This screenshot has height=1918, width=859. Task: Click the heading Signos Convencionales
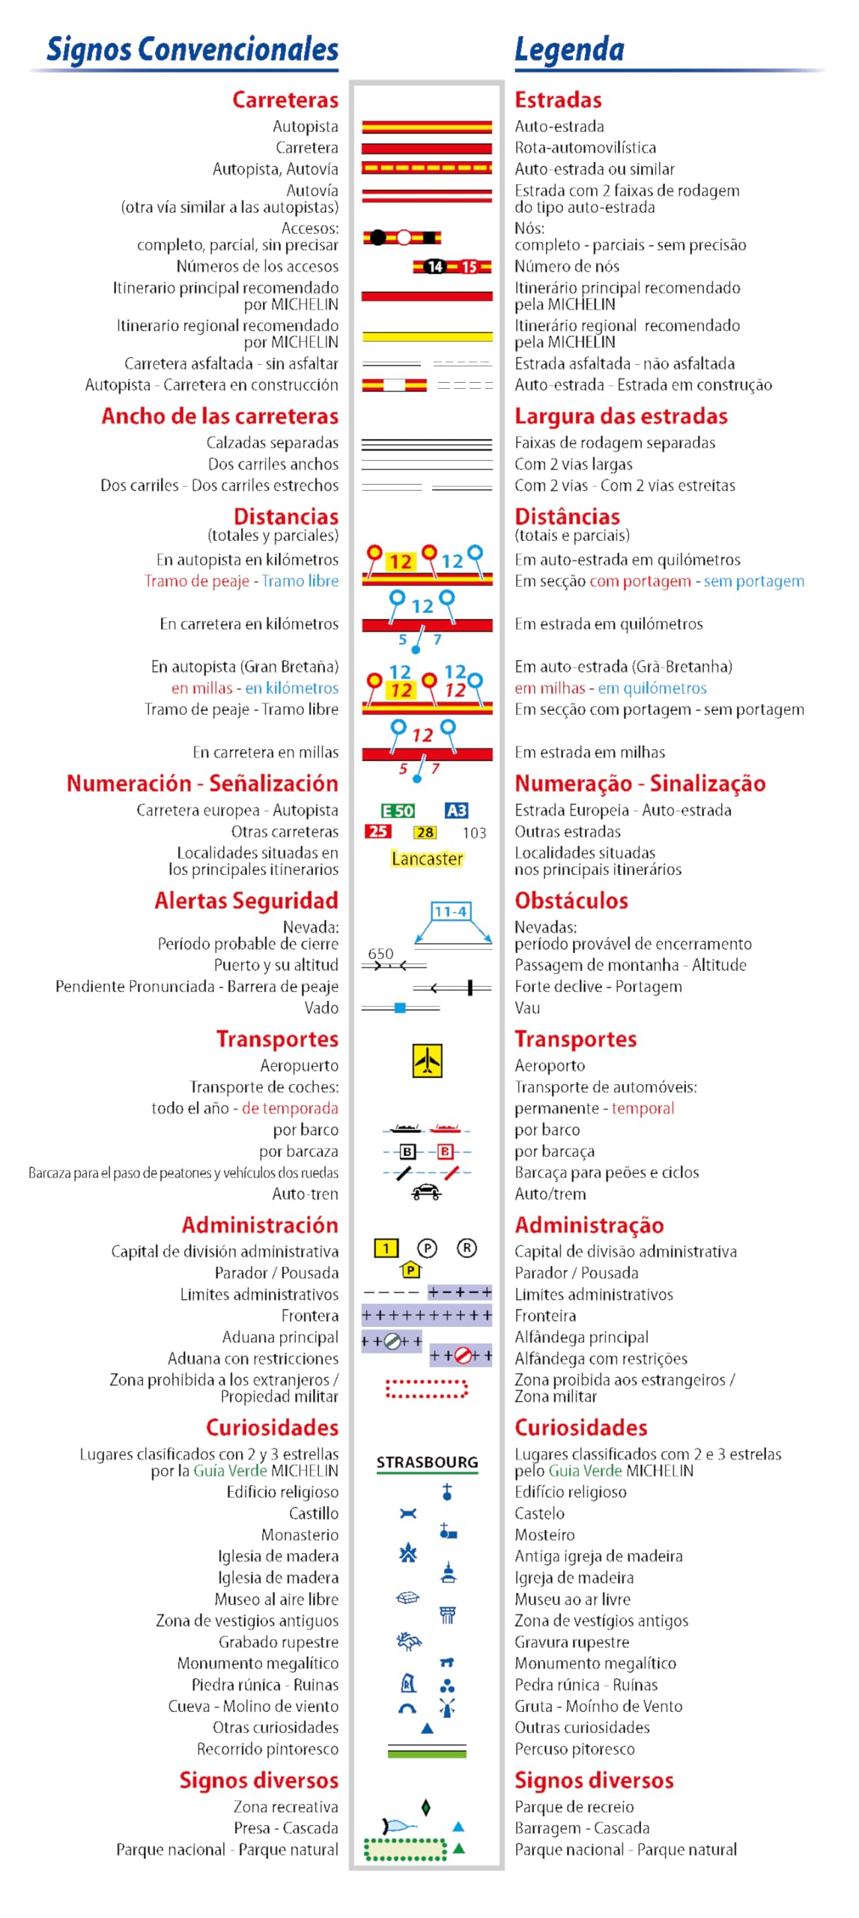(192, 49)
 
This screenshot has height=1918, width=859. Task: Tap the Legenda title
(569, 49)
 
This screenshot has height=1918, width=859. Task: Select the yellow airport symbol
(427, 1060)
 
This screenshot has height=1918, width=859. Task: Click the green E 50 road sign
(398, 811)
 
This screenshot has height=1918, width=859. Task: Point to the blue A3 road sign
(456, 811)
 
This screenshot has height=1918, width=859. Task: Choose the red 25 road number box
(378, 832)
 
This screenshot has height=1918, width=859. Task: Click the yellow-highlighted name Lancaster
(427, 859)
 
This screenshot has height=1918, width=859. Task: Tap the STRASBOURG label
(427, 1462)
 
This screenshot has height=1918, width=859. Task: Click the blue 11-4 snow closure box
(451, 911)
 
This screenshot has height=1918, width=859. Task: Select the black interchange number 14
(435, 267)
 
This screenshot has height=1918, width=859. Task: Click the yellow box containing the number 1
(386, 1248)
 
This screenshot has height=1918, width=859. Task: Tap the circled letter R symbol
(467, 1248)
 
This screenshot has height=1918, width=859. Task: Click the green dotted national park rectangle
(405, 1849)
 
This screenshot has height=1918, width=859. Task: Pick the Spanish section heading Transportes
(277, 1039)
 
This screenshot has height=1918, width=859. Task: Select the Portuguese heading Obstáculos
(571, 901)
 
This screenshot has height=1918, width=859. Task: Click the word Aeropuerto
(299, 1065)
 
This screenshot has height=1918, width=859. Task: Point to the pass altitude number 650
(380, 954)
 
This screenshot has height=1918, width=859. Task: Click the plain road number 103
(474, 832)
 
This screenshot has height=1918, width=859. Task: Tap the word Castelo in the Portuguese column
(539, 1513)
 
